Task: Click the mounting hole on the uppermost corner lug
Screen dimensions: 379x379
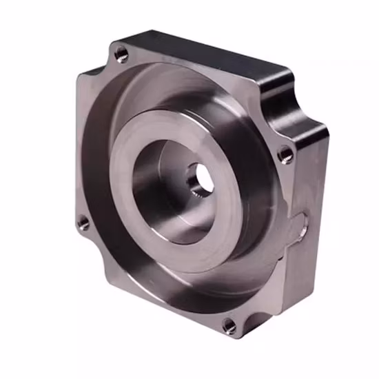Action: pos(121,53)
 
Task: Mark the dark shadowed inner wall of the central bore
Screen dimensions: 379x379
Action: pos(148,186)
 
